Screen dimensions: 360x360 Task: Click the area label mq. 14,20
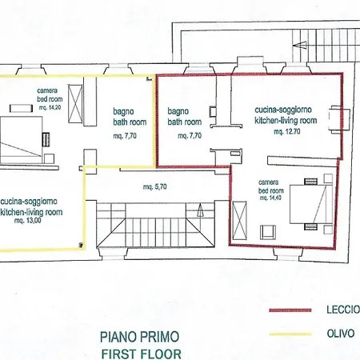[x=50, y=107]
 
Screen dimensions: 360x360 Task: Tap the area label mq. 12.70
[x=287, y=131]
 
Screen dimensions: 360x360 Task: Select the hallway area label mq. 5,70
[x=155, y=186]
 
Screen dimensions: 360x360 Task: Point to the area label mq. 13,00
[x=28, y=221]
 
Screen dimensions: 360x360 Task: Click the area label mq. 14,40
[x=270, y=198]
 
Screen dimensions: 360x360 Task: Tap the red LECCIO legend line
[x=290, y=310]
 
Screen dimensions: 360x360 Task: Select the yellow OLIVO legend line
[x=290, y=334]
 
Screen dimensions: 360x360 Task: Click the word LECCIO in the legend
[x=343, y=310]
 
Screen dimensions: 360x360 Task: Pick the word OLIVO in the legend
[x=341, y=334]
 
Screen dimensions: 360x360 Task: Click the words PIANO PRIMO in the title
[x=139, y=337]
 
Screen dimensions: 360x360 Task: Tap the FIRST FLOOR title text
[x=142, y=354]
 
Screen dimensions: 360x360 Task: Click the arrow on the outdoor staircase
[x=300, y=45]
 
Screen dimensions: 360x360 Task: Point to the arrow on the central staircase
[x=200, y=210]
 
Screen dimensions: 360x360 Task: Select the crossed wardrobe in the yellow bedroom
[x=75, y=104]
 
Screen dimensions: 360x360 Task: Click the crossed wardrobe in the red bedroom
[x=239, y=221]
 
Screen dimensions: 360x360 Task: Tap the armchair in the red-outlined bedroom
[x=268, y=232]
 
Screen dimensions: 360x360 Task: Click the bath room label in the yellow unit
[x=130, y=122]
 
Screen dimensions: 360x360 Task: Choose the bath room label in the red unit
[x=185, y=122]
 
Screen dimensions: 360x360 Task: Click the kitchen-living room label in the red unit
[x=286, y=120]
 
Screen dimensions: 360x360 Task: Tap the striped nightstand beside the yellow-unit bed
[x=46, y=139]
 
